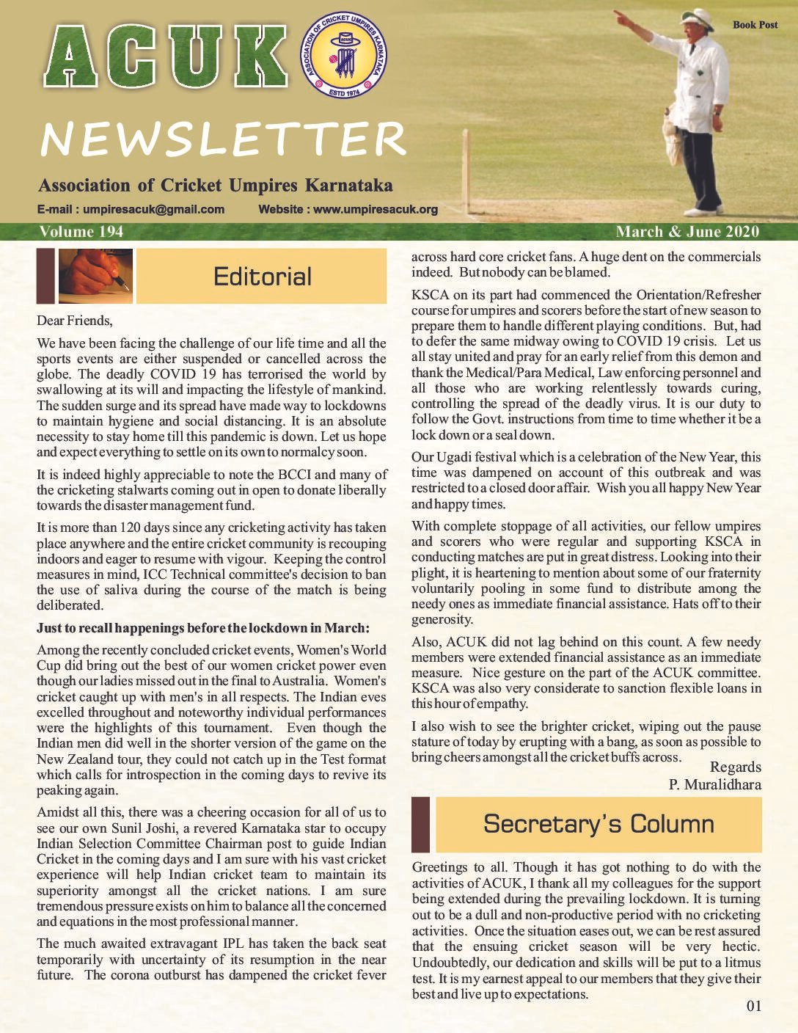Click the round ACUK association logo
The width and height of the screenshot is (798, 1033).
[343, 65]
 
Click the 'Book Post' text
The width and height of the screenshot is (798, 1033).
[755, 25]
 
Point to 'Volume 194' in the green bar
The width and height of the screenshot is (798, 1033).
[81, 232]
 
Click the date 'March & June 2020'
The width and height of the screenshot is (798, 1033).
[687, 232]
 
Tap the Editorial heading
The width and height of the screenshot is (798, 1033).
[262, 277]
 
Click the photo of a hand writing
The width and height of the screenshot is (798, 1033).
[95, 276]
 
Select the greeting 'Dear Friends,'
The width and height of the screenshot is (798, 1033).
[75, 321]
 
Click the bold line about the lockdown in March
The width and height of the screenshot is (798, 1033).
[203, 628]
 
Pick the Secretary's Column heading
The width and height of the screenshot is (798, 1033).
[598, 824]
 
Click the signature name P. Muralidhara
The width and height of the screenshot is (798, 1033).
[714, 784]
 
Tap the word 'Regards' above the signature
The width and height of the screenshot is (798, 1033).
[735, 767]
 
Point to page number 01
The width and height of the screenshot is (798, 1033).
[753, 1006]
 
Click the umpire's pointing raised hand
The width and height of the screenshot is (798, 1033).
[621, 15]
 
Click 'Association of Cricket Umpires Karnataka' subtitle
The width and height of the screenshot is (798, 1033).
[215, 186]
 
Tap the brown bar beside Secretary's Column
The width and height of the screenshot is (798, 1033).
[420, 824]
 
